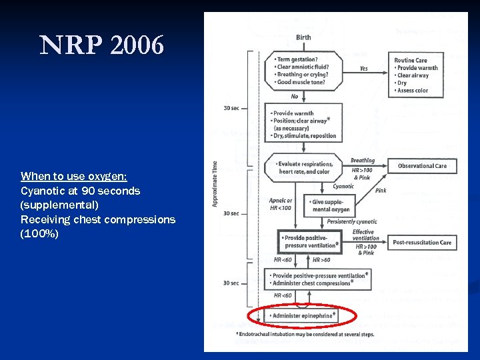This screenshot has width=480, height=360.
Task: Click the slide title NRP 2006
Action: (x=101, y=45)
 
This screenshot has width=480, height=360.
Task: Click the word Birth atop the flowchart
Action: (x=303, y=37)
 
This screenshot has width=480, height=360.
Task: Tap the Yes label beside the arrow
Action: (x=363, y=69)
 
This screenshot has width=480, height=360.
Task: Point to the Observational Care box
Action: (x=422, y=166)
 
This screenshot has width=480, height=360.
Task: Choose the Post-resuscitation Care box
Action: (x=422, y=243)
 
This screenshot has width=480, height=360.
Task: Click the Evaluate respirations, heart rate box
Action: (x=305, y=167)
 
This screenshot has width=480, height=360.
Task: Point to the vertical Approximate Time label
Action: (x=215, y=183)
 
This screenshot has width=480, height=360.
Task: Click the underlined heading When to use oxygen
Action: (x=73, y=176)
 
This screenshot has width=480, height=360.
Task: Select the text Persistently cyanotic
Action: (x=352, y=221)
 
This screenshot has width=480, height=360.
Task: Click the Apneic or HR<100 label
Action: (x=280, y=204)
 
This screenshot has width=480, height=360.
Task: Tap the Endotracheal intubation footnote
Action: (x=305, y=334)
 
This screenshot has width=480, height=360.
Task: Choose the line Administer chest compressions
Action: (x=312, y=283)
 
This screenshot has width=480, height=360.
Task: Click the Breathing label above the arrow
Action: (x=363, y=161)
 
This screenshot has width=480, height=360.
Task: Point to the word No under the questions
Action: (x=295, y=97)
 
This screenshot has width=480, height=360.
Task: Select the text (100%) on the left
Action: (x=39, y=234)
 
